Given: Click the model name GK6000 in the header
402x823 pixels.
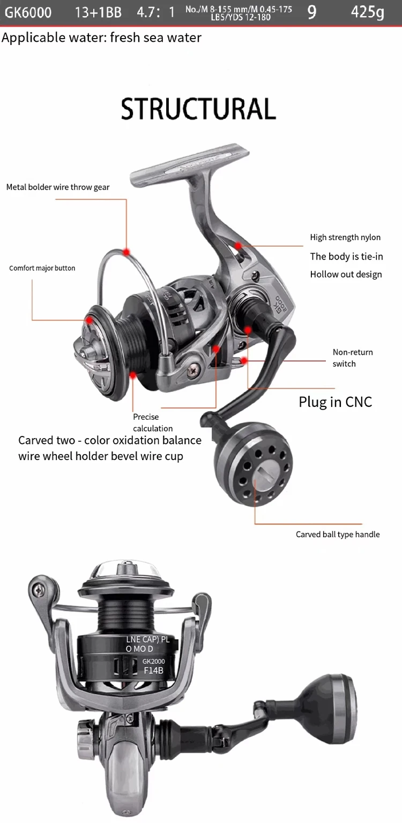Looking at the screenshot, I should point(28,12).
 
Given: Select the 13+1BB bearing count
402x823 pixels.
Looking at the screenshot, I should point(98,12).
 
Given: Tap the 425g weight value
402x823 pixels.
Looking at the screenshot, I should point(367,12).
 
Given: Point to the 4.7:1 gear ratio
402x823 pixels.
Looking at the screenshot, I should point(155,12).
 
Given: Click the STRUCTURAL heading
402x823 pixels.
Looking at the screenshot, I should point(198,109).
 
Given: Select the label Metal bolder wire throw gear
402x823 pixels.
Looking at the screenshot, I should point(58,187).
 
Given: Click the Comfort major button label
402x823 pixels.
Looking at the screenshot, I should point(42,268).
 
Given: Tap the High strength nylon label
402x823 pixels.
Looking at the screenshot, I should point(345,238).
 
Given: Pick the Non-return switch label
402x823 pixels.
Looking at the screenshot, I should point(352,358).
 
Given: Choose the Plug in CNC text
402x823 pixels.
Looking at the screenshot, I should point(335,402).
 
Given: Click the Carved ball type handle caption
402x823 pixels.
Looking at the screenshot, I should point(338,535).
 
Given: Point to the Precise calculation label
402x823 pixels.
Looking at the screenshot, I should point(153,422).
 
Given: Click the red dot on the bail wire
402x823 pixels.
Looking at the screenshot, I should point(126,251).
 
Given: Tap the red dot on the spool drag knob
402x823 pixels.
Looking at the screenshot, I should point(89,320).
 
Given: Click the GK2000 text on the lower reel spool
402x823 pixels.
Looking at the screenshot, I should point(154,662).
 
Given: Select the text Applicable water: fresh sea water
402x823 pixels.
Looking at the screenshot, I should point(102,38).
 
